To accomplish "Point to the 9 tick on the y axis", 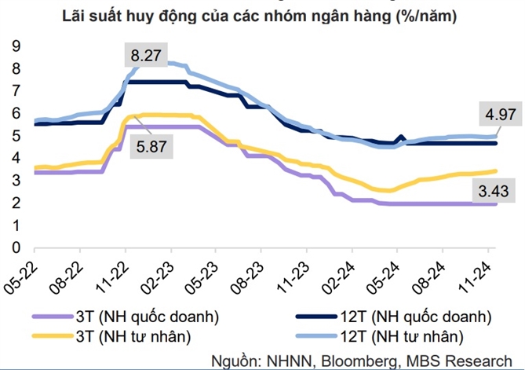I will [x=15, y=46].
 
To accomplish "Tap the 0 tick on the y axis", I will [x=15, y=247].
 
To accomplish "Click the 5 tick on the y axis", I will [x=15, y=135].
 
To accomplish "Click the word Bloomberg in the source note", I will [x=358, y=361].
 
